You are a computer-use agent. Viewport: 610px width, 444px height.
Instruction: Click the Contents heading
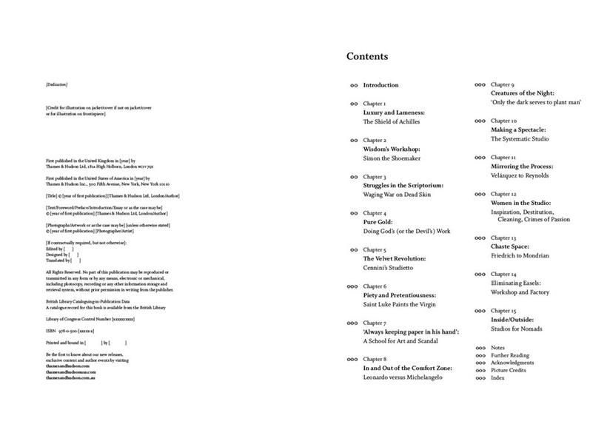(366, 57)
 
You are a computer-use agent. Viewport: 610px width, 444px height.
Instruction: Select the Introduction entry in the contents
(381, 85)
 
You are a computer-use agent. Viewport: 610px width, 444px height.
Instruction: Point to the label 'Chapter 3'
(375, 177)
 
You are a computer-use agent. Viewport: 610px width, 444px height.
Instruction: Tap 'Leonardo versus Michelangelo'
(403, 377)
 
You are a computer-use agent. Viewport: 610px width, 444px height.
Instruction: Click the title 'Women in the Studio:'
(520, 203)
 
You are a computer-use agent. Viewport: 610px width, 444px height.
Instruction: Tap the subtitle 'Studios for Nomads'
(518, 329)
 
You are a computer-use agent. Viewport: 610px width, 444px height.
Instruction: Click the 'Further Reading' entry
(512, 355)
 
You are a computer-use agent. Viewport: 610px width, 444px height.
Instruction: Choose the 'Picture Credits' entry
(509, 370)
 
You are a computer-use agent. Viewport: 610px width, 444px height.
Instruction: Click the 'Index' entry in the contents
(497, 377)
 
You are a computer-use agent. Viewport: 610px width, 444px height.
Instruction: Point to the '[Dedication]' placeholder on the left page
(57, 86)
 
